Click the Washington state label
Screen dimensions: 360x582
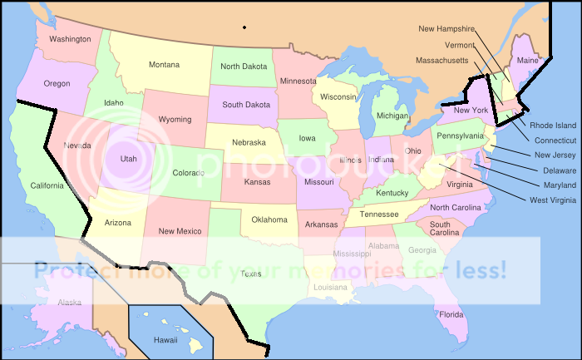tap(70, 39)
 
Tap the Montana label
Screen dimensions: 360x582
tap(164, 65)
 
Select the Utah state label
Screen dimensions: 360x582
tap(129, 159)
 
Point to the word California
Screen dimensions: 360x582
tap(47, 185)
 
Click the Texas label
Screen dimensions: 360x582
tap(250, 274)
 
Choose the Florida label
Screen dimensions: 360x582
tap(451, 315)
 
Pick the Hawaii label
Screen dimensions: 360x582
tap(165, 340)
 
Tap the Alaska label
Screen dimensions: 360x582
tap(70, 303)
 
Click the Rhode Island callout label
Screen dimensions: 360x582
tap(554, 126)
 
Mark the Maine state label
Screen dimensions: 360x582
tap(527, 61)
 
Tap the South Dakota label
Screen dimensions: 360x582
tap(245, 105)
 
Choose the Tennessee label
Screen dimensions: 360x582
tap(378, 215)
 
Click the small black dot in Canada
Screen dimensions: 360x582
tap(244, 28)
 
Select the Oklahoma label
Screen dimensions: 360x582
tap(269, 220)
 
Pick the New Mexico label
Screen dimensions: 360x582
tap(179, 231)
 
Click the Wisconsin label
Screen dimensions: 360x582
tap(338, 97)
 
